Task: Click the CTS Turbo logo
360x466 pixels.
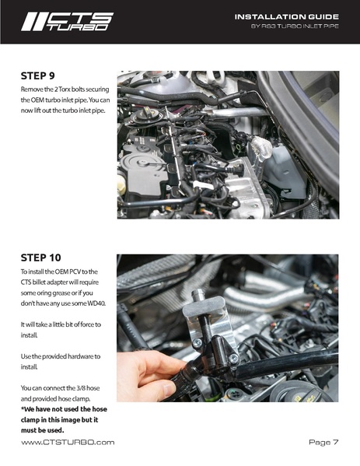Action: coord(67,22)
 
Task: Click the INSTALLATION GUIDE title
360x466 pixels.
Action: coord(287,17)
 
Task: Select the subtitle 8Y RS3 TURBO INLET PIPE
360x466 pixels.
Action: coord(295,26)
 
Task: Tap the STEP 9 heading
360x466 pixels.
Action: coord(38,75)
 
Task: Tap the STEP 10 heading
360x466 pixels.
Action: coord(40,258)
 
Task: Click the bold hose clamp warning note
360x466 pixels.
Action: coord(64,419)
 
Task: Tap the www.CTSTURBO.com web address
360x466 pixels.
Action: coord(68,443)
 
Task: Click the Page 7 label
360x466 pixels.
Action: coord(323,442)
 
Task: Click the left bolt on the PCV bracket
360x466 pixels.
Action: coord(197,343)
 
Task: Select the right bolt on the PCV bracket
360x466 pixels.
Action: coord(234,359)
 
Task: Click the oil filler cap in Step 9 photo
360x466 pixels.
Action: coord(146,114)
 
